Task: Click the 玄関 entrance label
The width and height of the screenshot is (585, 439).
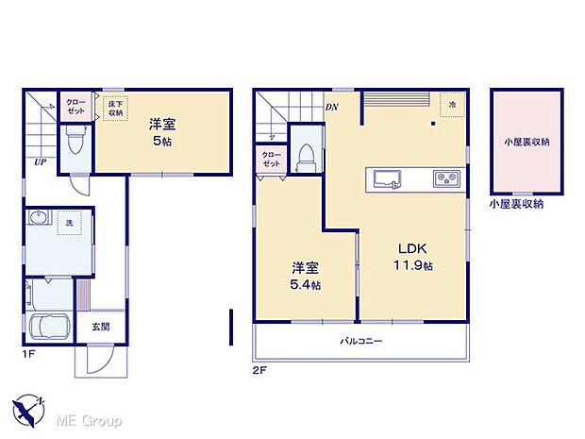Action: (99, 328)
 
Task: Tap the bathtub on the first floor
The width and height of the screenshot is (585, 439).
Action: (46, 330)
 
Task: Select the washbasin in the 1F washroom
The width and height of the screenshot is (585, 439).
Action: (39, 221)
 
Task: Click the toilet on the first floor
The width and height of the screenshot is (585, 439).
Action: (76, 143)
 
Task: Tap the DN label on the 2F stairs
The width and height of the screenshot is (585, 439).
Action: (332, 108)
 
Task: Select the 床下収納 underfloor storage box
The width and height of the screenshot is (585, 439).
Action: (114, 109)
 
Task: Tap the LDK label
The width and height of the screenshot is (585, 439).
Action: (415, 248)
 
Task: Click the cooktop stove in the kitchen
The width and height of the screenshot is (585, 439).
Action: (445, 178)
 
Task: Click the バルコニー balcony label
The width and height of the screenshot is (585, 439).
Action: (361, 341)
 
